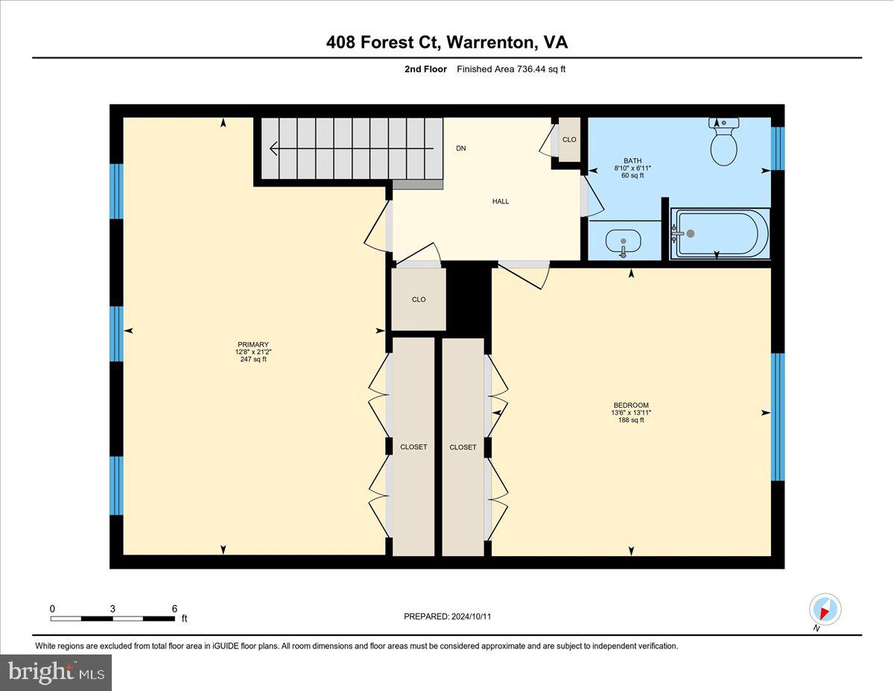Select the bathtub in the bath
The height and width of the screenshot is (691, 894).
point(720,234)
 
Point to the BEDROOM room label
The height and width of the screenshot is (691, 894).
point(630,406)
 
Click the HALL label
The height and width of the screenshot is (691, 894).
point(501,201)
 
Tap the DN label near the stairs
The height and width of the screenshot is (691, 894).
point(461,148)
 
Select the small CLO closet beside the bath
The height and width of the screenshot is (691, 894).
point(569,139)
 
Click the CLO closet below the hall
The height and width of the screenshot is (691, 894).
point(419,300)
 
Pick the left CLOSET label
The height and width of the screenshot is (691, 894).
point(413,447)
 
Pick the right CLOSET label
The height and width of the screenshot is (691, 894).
point(463,447)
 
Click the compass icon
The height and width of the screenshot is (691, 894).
point(825,610)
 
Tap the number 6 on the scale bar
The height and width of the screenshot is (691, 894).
point(174,608)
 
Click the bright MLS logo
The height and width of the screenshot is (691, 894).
point(56,672)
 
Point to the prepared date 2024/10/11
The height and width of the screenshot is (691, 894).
point(469,616)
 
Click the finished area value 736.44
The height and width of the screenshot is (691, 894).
point(535,69)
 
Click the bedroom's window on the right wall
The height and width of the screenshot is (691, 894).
point(778,417)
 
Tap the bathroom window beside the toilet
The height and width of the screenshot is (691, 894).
point(778,148)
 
